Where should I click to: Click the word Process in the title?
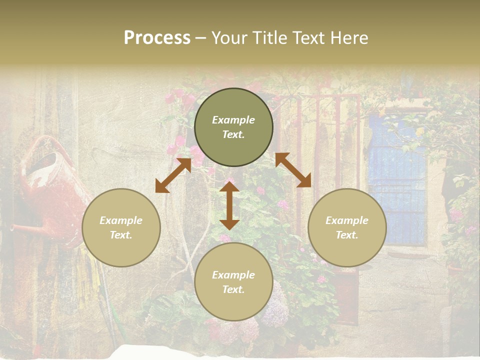point(157,38)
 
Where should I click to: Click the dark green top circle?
point(233,127)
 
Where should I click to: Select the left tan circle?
point(121,227)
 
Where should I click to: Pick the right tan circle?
point(347,227)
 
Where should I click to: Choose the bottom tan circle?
point(233,282)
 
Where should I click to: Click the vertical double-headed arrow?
point(229,205)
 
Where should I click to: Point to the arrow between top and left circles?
point(173,175)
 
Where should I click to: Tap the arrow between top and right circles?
point(293,170)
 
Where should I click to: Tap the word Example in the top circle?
point(233,120)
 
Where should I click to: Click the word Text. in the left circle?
point(121,235)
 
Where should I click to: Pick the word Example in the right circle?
point(347,220)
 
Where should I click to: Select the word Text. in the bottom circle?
point(233,289)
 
